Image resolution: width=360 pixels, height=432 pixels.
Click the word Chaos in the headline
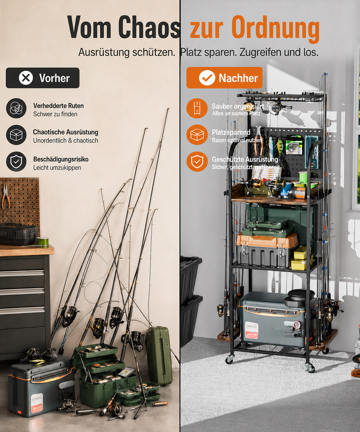pyautogui.click(x=149, y=27)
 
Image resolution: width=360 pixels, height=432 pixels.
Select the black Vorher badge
pyautogui.click(x=43, y=78)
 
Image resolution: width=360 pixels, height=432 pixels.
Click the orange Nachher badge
pyautogui.click(x=225, y=78)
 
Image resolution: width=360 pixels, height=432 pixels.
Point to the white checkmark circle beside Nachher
pyautogui.click(x=207, y=78)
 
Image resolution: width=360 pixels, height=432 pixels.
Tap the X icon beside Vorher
pyautogui.click(x=26, y=78)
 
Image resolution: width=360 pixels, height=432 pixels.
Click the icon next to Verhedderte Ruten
pyautogui.click(x=16, y=108)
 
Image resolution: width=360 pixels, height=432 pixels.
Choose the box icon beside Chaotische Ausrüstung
pyautogui.click(x=16, y=135)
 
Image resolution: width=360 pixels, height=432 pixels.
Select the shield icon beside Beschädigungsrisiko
pyautogui.click(x=16, y=162)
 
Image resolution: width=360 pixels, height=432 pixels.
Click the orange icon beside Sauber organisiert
pyautogui.click(x=197, y=108)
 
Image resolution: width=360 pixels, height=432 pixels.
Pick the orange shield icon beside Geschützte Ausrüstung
pyautogui.click(x=197, y=162)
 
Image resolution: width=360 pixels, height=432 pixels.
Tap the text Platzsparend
pyautogui.click(x=231, y=132)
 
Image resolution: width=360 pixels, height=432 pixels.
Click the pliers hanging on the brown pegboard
pyautogui.click(x=5, y=196)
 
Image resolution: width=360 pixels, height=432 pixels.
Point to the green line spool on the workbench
pyautogui.click(x=43, y=242)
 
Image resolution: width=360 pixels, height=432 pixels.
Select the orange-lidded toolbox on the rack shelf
pyautogui.click(x=267, y=249)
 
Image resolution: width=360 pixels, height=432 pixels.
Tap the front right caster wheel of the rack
pyautogui.click(x=310, y=367)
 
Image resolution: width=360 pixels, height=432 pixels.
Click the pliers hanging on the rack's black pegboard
pyautogui.click(x=258, y=140)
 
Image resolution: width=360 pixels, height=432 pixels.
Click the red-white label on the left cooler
pyautogui.click(x=36, y=403)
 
